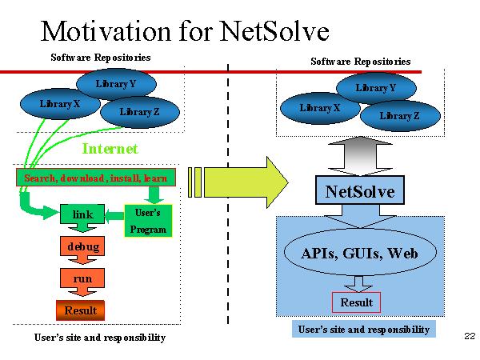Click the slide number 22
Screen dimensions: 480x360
pyautogui.click(x=470, y=336)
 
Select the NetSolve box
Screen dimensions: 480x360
pyautogui.click(x=360, y=190)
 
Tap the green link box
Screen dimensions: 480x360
pyautogui.click(x=82, y=214)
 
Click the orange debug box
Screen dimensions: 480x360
pyautogui.click(x=82, y=246)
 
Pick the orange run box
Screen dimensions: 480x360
pyautogui.click(x=82, y=278)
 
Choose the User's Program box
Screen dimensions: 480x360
pyautogui.click(x=148, y=221)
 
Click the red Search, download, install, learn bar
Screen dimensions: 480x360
pyautogui.click(x=96, y=178)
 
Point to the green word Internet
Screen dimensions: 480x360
pyautogui.click(x=110, y=149)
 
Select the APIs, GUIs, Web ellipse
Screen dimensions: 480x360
pyautogui.click(x=360, y=252)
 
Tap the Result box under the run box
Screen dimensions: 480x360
pyautogui.click(x=81, y=310)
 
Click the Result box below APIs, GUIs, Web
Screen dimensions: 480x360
pyautogui.click(x=356, y=302)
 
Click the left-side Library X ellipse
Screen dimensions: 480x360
pyautogui.click(x=60, y=104)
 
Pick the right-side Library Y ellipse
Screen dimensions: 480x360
pyautogui.click(x=376, y=88)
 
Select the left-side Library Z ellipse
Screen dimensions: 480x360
pyautogui.click(x=140, y=112)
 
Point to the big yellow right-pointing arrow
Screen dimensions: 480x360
pyautogui.click(x=238, y=182)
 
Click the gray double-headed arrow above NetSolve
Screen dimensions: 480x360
pyautogui.click(x=360, y=156)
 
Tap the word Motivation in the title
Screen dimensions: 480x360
pyautogui.click(x=106, y=31)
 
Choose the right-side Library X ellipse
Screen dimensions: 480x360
pyautogui.click(x=320, y=108)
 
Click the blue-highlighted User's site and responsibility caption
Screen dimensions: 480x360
pyautogui.click(x=364, y=329)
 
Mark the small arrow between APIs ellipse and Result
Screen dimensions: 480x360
pyautogui.click(x=358, y=284)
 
